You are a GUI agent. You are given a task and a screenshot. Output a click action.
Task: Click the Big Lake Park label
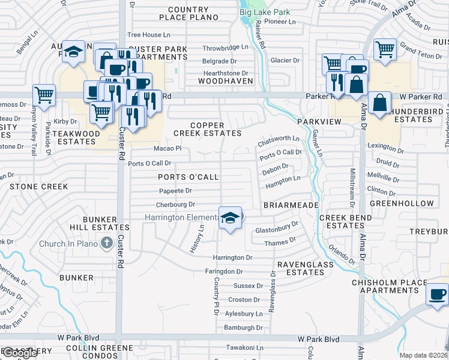point(265,12)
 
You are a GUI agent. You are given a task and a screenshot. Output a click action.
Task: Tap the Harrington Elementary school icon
point(229,217)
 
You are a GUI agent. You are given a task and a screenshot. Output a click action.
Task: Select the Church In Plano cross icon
point(107,243)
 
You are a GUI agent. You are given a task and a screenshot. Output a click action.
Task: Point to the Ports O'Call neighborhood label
point(188,177)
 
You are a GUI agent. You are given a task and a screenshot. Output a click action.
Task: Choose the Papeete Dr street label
point(175,191)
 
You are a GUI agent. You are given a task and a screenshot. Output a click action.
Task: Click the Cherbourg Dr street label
point(175,205)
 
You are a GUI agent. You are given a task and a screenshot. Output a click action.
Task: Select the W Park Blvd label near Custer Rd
point(77,338)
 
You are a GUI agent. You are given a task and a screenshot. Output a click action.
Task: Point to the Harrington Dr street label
point(233,257)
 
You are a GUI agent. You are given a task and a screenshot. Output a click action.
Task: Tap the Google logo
point(20,353)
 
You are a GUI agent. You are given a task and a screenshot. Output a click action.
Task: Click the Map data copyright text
point(423,355)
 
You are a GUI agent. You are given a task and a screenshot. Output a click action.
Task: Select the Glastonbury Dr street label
point(277,228)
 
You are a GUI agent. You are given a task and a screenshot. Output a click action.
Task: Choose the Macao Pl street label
point(167,148)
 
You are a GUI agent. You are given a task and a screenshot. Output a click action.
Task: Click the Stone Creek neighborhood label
point(39,187)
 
